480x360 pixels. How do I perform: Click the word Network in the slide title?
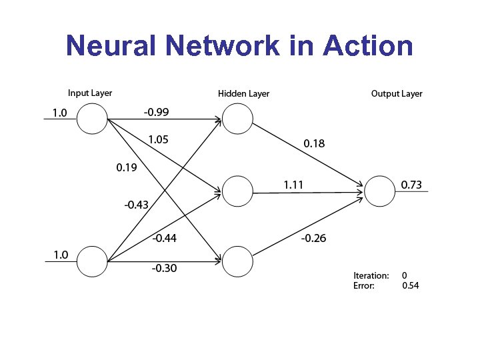pos(223,46)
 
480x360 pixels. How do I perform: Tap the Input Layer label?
pos(90,93)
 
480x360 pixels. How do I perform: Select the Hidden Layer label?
pos(243,94)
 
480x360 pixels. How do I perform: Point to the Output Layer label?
pos(397,94)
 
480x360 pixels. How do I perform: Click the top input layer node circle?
pos(92,120)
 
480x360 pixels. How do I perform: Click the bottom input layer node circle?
pos(92,261)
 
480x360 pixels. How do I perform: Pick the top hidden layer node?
pos(237,120)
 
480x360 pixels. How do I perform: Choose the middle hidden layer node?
pos(237,191)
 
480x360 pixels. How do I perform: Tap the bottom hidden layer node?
pos(237,261)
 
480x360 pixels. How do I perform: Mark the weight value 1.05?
pos(159,139)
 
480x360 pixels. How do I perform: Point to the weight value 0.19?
pos(126,167)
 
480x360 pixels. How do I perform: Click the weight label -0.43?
pos(136,205)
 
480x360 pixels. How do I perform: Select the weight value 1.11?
pos(294,184)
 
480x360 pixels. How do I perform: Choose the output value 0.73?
pos(411,185)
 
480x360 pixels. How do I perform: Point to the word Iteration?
pos(371,275)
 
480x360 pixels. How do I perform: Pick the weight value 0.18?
pos(315,143)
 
